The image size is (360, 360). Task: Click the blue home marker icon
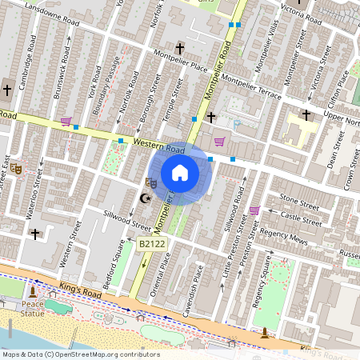[180, 172]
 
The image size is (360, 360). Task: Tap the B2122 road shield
[150, 242]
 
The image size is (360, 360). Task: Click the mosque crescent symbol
[145, 198]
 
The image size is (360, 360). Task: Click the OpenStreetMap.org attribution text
[104, 354]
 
